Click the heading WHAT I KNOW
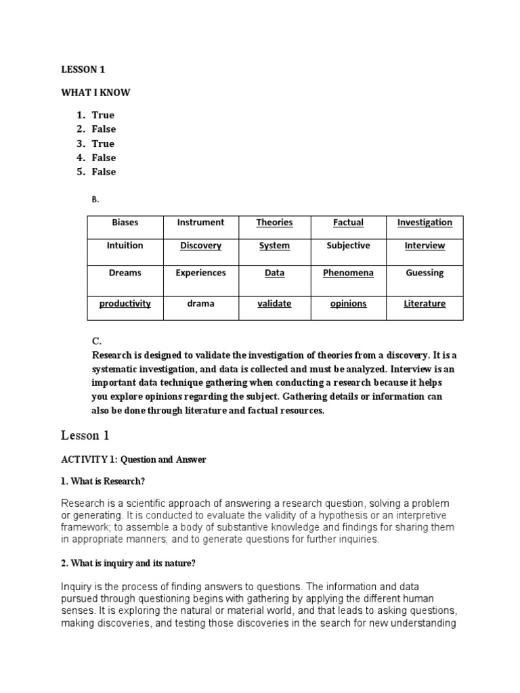coord(95,93)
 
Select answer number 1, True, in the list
coord(103,115)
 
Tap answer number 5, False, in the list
coord(104,172)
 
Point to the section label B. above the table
coord(95,199)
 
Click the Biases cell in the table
coord(125,222)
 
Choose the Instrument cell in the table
coord(200,222)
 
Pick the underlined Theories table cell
coord(274,222)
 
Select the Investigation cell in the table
coord(425,222)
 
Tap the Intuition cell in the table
coord(125,246)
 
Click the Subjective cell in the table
coord(348,246)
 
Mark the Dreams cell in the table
coord(125,273)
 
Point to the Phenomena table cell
coord(348,273)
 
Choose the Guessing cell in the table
coord(425,273)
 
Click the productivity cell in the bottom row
coord(125,304)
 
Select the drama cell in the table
coord(200,304)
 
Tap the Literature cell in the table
coord(425,304)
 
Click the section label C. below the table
coord(96,342)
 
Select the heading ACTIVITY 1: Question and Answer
coord(133,460)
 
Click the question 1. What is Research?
coord(103,481)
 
